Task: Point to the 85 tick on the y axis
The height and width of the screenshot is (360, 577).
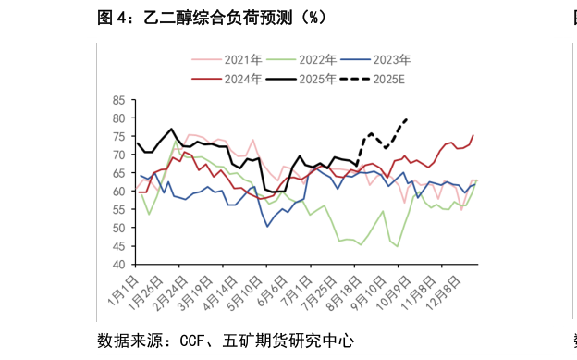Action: (x=118, y=100)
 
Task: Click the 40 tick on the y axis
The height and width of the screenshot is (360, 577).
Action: (x=118, y=265)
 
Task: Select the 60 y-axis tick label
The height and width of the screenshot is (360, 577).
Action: (x=118, y=192)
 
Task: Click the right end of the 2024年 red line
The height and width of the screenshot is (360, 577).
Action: (x=473, y=136)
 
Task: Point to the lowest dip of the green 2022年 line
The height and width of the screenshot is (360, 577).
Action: (x=398, y=246)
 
